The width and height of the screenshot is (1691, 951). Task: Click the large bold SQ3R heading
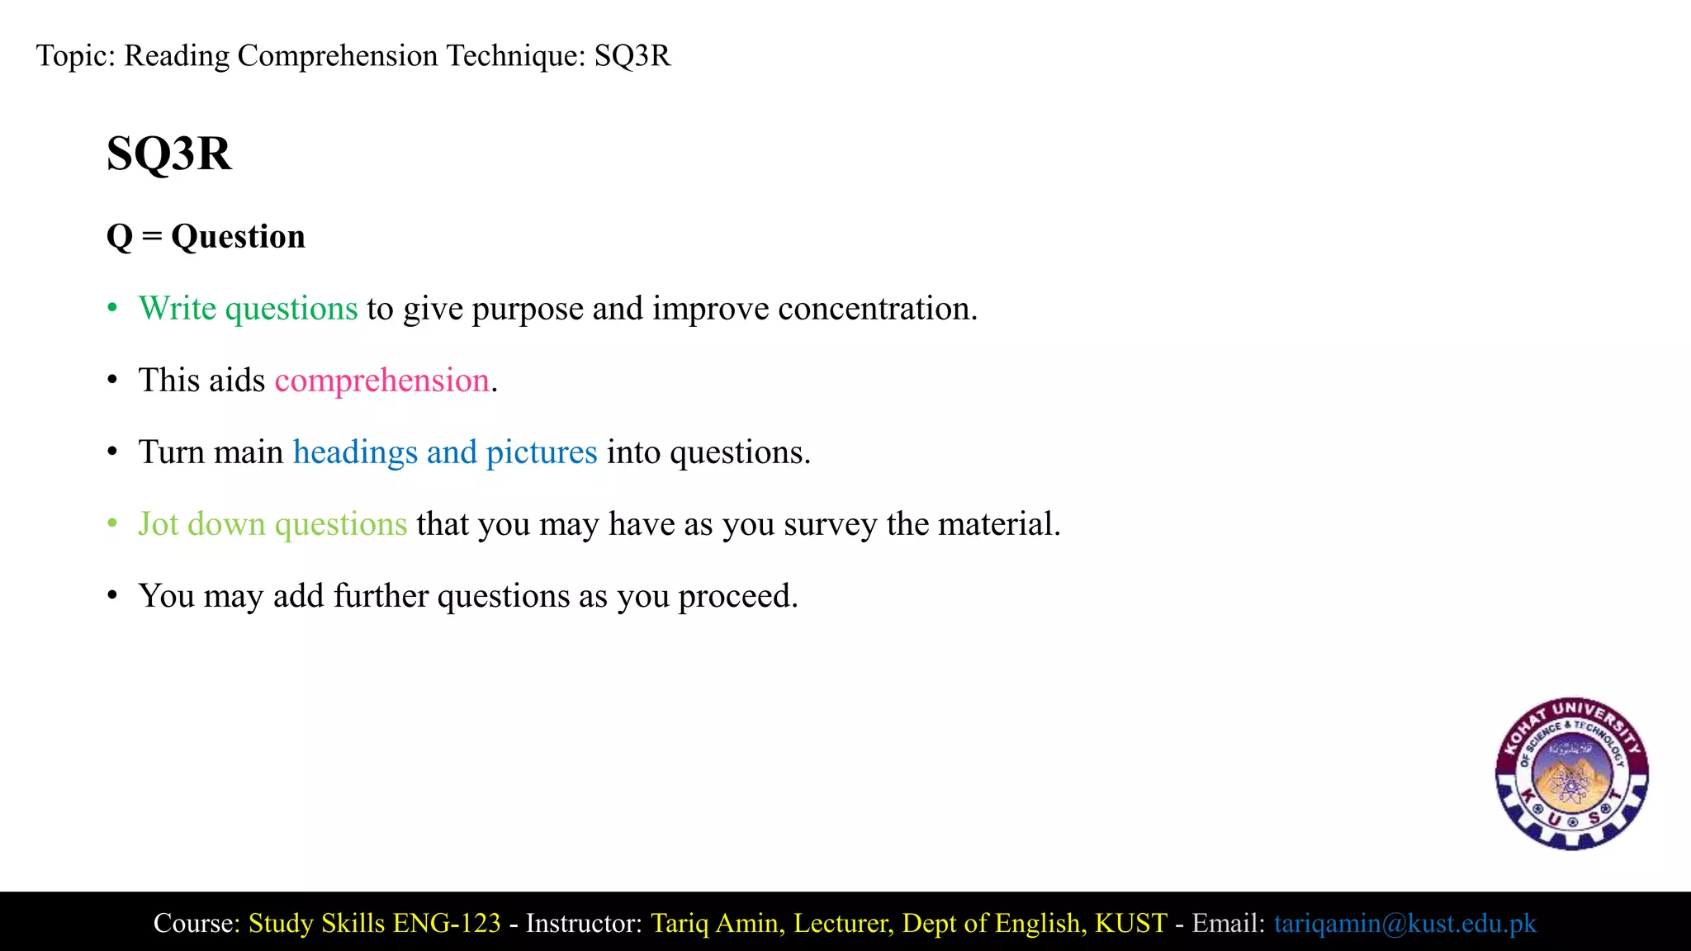(x=169, y=154)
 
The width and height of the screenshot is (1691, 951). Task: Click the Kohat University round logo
(x=1571, y=774)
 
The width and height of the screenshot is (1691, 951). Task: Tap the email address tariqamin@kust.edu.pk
(x=1404, y=923)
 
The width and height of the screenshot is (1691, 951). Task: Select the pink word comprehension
(x=381, y=381)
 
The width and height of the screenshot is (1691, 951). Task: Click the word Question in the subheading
(x=238, y=237)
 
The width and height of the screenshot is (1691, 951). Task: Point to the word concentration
(x=877, y=309)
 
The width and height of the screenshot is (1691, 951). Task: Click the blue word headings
(x=355, y=452)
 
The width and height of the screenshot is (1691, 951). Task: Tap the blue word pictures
(x=541, y=452)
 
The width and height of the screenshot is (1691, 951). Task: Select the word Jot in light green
(x=158, y=524)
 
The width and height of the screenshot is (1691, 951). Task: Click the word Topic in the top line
(x=75, y=56)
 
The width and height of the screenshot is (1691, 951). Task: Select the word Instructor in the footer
(x=584, y=923)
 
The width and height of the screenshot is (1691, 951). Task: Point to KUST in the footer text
(x=1130, y=923)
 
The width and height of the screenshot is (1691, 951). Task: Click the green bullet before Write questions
(x=112, y=309)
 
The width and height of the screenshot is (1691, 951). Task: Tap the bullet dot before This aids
(x=112, y=381)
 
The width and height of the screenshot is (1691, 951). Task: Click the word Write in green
(x=178, y=309)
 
